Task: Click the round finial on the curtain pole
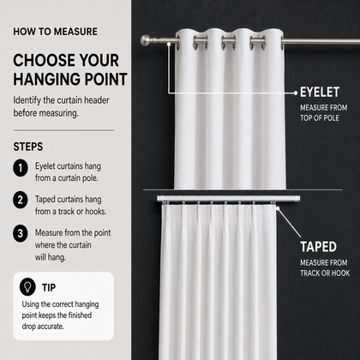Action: click(x=147, y=40)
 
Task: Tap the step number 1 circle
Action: click(x=21, y=168)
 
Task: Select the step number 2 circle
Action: click(x=21, y=200)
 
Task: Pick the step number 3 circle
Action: click(x=21, y=234)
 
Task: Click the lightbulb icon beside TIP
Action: click(x=27, y=286)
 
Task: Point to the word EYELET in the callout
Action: click(x=320, y=93)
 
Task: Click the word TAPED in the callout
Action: click(x=318, y=247)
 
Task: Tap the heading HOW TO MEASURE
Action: click(x=55, y=32)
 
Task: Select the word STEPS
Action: click(x=28, y=147)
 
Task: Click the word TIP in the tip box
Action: click(x=49, y=287)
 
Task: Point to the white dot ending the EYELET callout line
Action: click(x=296, y=93)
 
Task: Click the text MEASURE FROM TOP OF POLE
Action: click(x=324, y=113)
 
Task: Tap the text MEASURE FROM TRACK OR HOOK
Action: click(x=325, y=268)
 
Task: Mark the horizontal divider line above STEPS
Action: click(x=63, y=130)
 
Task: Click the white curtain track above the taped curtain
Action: click(x=228, y=199)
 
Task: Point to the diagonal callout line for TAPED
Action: click(x=289, y=223)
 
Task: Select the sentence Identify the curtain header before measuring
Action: click(x=61, y=106)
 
